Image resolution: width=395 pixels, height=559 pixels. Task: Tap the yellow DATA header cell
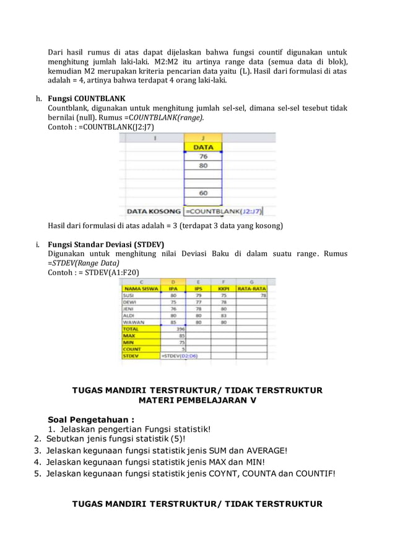click(203, 147)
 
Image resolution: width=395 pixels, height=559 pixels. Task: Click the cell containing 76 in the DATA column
click(203, 157)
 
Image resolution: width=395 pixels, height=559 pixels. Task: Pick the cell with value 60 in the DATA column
click(203, 193)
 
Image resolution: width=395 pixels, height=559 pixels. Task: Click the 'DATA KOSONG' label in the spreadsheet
click(154, 211)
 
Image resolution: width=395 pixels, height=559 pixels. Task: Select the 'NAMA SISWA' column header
click(140, 288)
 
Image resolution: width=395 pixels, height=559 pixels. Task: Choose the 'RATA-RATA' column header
click(251, 288)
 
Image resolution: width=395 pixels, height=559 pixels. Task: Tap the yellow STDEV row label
click(130, 356)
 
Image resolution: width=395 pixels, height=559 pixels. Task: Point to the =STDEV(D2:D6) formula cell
click(179, 356)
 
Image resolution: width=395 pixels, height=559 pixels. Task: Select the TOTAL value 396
click(180, 329)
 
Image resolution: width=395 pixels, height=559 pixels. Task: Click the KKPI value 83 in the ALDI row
click(224, 315)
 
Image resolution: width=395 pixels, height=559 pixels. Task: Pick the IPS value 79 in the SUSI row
click(199, 296)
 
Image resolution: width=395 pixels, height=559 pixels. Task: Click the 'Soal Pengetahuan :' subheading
click(91, 419)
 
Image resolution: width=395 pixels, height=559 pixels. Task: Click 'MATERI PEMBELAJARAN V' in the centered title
click(197, 400)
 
